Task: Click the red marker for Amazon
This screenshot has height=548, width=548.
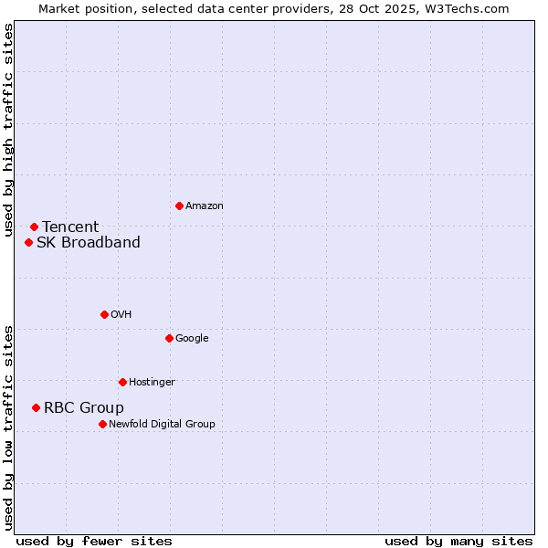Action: [179, 205]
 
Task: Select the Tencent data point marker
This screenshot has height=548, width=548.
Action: [34, 227]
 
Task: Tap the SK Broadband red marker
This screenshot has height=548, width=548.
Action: [28, 242]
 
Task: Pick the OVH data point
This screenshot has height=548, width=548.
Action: [104, 314]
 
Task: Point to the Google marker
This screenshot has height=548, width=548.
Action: [169, 338]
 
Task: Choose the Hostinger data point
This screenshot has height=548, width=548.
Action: [122, 382]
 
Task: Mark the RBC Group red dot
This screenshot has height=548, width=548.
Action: [36, 407]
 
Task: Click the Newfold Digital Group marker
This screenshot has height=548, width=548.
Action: [102, 424]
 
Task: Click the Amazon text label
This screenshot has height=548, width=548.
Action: [205, 206]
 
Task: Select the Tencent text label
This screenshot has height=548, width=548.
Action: [70, 227]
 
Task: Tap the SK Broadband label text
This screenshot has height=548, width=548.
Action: [89, 243]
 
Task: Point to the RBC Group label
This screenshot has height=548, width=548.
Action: [84, 408]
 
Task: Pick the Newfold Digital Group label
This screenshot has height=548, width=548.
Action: [163, 425]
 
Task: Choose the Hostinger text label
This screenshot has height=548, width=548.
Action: [152, 383]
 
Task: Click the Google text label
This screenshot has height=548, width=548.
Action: [192, 339]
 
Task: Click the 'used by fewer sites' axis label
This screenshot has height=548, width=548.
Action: [94, 542]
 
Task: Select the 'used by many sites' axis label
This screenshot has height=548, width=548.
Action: [458, 542]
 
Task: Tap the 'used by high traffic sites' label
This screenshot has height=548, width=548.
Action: [8, 131]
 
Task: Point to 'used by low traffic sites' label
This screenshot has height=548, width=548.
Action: [8, 427]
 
